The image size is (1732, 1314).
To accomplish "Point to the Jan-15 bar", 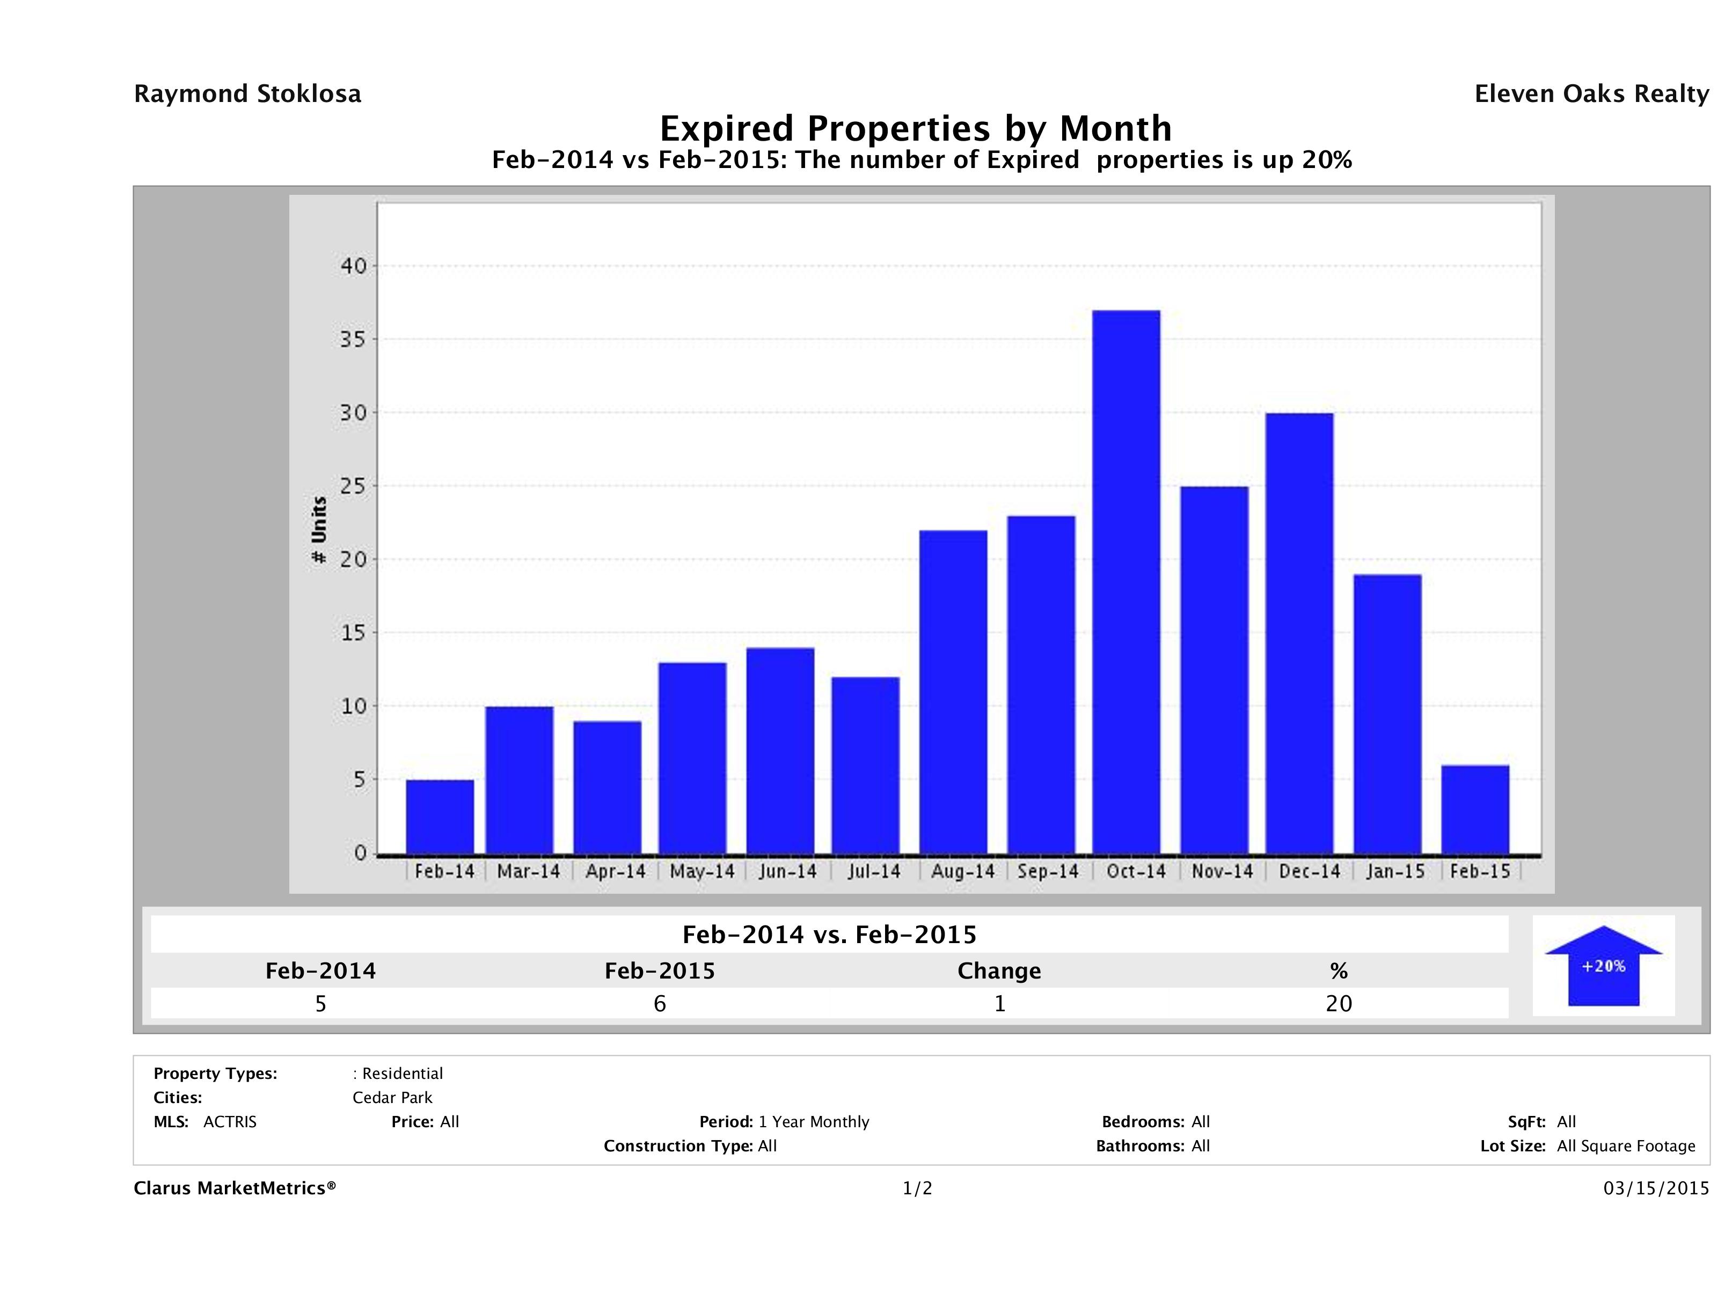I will (1387, 713).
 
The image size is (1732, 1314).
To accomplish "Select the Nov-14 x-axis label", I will (1222, 872).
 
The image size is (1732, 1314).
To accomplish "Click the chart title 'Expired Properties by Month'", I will (915, 128).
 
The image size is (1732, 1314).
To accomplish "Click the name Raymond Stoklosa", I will (247, 94).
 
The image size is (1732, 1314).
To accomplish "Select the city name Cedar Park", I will (392, 1098).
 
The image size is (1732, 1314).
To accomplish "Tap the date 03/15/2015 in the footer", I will (1655, 1189).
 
